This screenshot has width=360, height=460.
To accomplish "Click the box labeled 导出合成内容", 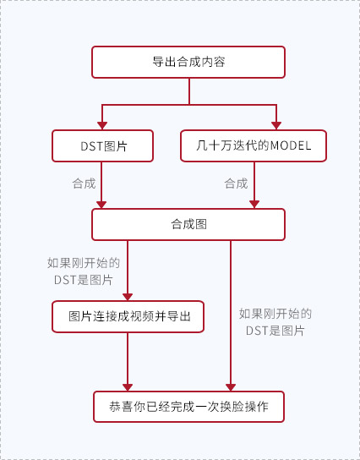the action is pos(188,63).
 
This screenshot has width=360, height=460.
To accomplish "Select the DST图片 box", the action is pos(102,145).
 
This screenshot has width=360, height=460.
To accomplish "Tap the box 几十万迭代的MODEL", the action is pos(254,145).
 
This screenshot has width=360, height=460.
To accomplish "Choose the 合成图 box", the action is pos(188,224).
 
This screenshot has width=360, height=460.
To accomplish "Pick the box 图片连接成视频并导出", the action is pos(128,316).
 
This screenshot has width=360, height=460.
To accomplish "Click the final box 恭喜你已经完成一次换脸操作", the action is pos(188,407).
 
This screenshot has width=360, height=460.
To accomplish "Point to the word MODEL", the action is pos(291,145).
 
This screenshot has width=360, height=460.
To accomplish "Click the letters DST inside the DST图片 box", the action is pos(92,146).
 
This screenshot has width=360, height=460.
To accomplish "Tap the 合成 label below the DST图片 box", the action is pos(85,183).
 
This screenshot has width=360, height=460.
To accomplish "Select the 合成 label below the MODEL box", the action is pos(236,183).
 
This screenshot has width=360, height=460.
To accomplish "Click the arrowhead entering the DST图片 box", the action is pos(102,125).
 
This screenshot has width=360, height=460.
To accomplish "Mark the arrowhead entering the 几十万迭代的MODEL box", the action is pos(276,125).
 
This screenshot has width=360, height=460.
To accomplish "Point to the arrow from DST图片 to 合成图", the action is pos(101,185).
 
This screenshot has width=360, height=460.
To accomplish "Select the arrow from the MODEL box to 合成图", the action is pos(254,185).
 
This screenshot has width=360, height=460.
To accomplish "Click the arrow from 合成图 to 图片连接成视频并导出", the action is pos(128,271).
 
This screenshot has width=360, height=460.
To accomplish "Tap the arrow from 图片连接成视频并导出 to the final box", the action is pos(128,362).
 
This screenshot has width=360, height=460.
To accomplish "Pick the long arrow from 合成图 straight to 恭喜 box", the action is pos(231,315).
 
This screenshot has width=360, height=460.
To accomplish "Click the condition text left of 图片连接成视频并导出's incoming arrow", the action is pos(84,271).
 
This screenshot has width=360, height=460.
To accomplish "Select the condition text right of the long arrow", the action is pos(275,322).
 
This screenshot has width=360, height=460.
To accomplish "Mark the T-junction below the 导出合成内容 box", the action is pos(189,105).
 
